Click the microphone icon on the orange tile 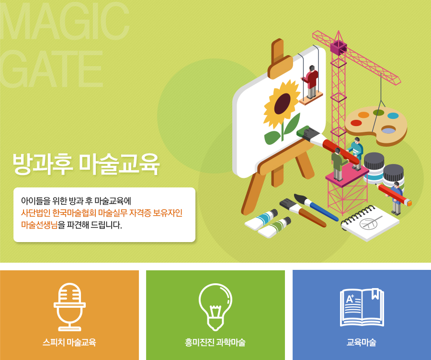click(x=69, y=307)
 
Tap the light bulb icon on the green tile click(x=215, y=307)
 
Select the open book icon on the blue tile click(x=362, y=307)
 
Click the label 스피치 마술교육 click(x=69, y=342)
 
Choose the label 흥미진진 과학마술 click(x=215, y=342)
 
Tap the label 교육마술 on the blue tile click(x=362, y=342)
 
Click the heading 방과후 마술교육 click(x=86, y=164)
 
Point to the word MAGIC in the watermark click(x=65, y=21)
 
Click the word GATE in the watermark click(x=52, y=69)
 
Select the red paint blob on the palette click(x=356, y=123)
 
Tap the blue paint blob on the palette click(x=393, y=116)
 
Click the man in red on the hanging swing click(x=311, y=82)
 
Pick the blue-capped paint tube click(x=261, y=220)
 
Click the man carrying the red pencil click(x=396, y=197)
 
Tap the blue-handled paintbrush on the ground click(x=316, y=207)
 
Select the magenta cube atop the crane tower click(x=339, y=47)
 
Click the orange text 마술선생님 click(x=39, y=225)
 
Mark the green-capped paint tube click(x=274, y=228)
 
